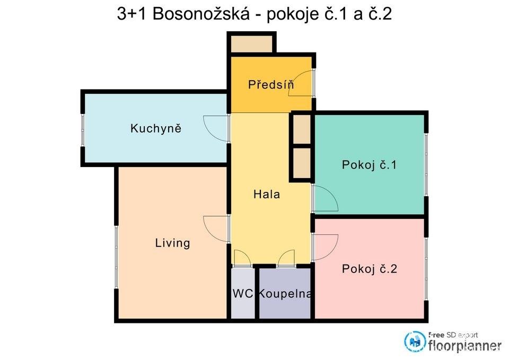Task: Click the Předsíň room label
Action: click(x=271, y=84)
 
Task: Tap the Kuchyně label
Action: click(x=156, y=128)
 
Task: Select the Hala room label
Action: click(x=266, y=194)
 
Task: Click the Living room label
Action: click(x=172, y=243)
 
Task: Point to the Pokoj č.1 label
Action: click(x=369, y=165)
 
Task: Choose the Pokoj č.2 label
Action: click(x=369, y=269)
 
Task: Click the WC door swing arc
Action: click(x=243, y=258)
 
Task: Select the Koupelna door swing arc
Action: click(x=286, y=258)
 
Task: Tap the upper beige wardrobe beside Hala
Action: click(x=302, y=129)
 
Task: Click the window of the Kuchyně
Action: click(x=82, y=129)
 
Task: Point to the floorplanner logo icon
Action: click(x=414, y=341)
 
